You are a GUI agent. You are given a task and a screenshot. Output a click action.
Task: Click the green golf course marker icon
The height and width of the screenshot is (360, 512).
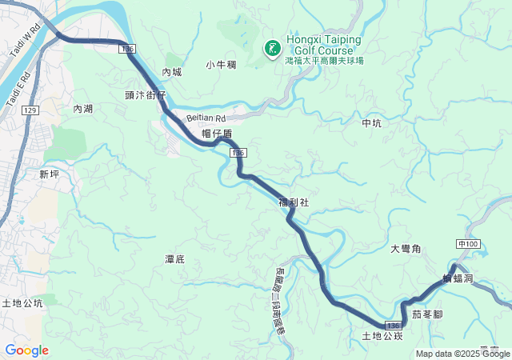tap(273, 49)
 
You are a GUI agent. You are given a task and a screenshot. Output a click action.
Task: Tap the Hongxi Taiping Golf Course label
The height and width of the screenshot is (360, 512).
tap(323, 45)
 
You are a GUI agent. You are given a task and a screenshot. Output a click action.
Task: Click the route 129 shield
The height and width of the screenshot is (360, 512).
tap(30, 110)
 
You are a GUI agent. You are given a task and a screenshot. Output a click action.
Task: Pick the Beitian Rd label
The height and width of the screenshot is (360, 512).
tap(206, 118)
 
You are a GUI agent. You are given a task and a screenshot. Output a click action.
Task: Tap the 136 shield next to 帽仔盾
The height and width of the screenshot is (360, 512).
tap(237, 152)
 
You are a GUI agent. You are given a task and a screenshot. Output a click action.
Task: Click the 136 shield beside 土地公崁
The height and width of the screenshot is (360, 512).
tap(392, 326)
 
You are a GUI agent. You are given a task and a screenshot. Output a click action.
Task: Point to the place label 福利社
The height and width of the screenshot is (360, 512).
tap(293, 203)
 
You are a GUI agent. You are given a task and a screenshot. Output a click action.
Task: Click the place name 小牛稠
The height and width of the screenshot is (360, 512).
tap(220, 65)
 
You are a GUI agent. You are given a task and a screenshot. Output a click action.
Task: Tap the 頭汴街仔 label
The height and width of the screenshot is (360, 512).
tap(145, 94)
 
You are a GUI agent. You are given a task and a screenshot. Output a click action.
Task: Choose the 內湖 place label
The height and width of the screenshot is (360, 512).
tap(83, 109)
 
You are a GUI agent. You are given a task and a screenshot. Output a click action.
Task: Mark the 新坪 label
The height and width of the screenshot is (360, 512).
tap(49, 174)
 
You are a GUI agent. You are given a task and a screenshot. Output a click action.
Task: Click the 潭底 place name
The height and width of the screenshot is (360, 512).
tap(174, 259)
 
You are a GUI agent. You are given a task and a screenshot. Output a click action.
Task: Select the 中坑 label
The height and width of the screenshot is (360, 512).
tap(373, 123)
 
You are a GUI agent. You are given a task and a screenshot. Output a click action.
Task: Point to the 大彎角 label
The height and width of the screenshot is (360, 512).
tap(406, 250)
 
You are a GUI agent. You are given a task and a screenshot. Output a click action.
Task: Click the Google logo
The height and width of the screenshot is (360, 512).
tap(26, 350)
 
